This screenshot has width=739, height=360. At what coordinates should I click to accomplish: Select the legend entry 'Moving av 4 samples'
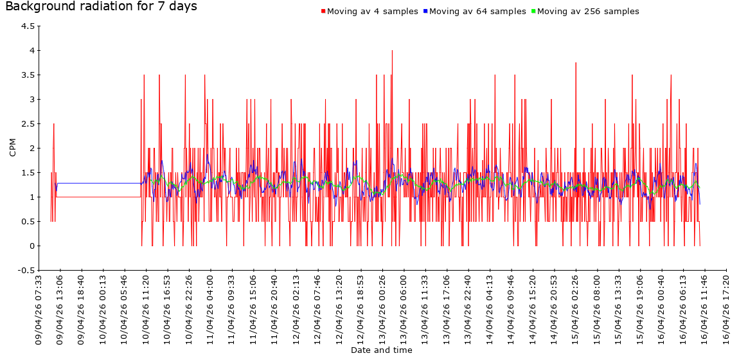coord(373,12)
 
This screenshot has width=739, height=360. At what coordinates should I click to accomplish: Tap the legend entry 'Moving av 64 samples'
coord(478,12)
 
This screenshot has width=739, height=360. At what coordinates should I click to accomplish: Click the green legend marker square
coord(533,12)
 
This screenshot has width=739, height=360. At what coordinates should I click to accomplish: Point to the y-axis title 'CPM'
coord(13,148)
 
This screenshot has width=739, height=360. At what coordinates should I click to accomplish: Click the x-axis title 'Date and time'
coord(382,350)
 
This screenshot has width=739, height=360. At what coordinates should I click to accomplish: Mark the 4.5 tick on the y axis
coord(28,26)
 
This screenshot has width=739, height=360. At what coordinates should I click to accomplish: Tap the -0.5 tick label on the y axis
coord(26,271)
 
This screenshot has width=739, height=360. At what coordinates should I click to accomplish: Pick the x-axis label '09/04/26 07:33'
coord(39,310)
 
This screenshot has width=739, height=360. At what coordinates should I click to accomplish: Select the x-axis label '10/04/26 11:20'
coord(147,310)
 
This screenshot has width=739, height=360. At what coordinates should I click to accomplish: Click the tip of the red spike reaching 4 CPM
coord(392,51)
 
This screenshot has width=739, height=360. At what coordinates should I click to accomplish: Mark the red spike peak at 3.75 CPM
coord(576,63)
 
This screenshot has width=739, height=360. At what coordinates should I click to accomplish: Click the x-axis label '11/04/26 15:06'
coord(254,310)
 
